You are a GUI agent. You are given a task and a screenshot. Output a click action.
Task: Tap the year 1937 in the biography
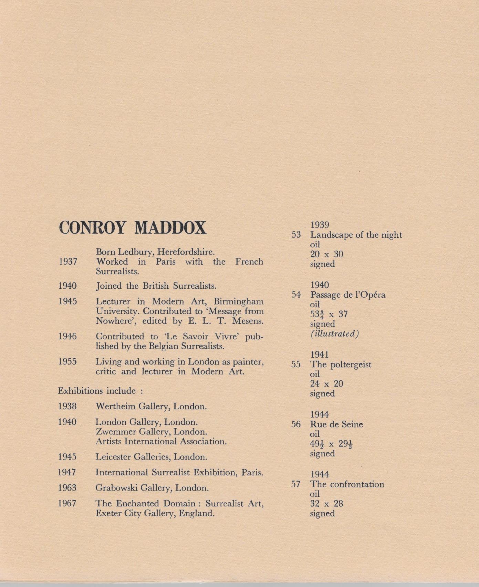click(x=68, y=262)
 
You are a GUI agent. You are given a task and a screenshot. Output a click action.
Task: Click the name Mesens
click(x=248, y=321)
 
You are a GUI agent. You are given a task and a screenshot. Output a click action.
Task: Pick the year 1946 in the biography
click(x=68, y=336)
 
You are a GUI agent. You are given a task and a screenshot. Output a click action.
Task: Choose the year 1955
click(x=68, y=362)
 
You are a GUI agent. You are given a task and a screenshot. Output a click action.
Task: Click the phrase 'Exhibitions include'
click(x=97, y=391)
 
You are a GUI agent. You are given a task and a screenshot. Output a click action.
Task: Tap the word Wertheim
click(x=115, y=406)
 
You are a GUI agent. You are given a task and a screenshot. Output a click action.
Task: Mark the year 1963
click(x=67, y=488)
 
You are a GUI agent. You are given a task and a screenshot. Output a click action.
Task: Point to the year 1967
click(x=67, y=503)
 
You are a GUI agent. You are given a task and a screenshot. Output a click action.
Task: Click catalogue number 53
click(x=296, y=235)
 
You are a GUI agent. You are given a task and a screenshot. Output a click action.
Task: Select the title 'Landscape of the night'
click(x=356, y=235)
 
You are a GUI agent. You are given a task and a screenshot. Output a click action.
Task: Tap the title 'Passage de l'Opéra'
click(x=348, y=295)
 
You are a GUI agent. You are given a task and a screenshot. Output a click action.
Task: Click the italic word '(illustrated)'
click(x=335, y=334)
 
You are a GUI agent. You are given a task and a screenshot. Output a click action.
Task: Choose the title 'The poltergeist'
click(x=341, y=364)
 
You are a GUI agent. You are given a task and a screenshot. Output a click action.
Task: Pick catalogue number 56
click(x=296, y=424)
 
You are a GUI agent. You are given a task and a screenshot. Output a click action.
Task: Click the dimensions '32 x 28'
click(x=326, y=504)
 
